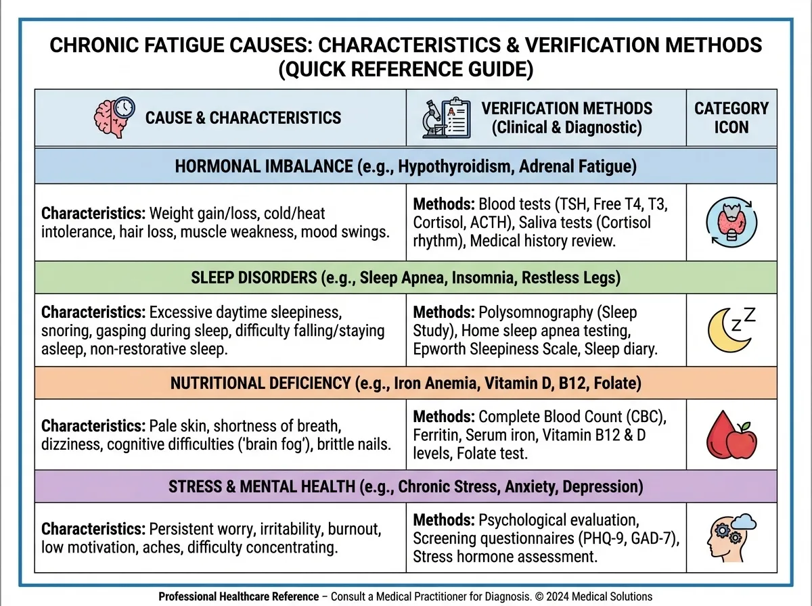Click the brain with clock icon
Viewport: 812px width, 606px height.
[113, 117]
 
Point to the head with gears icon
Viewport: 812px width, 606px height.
[731, 537]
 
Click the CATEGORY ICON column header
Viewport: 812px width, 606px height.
[731, 117]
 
